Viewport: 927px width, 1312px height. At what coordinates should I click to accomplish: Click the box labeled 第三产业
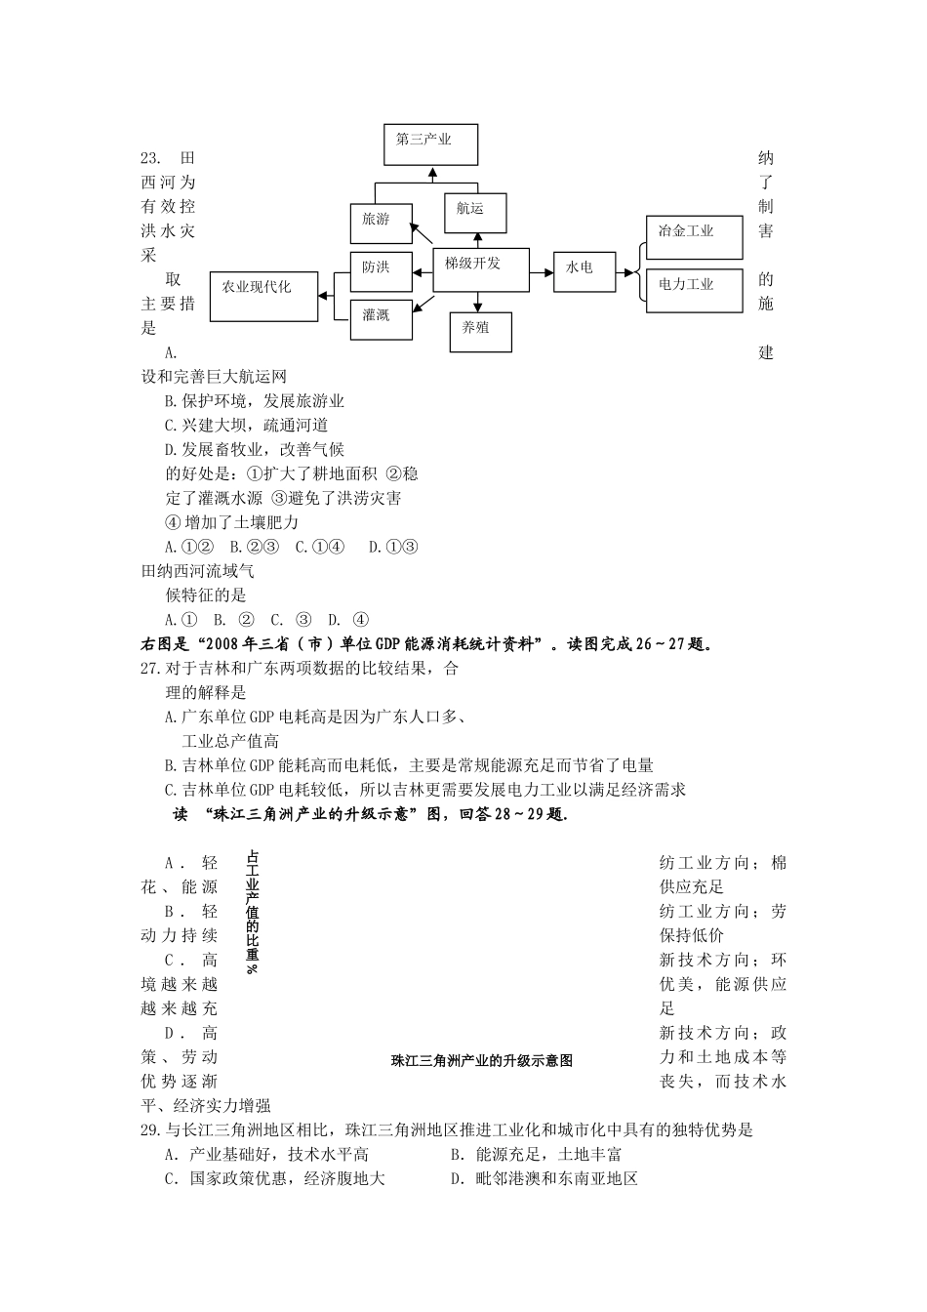coord(430,144)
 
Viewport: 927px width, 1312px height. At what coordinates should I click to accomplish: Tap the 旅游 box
coord(381,222)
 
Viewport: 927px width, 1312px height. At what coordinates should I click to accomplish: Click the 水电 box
coord(584,270)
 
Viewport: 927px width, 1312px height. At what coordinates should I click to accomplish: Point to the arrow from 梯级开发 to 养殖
coord(478,302)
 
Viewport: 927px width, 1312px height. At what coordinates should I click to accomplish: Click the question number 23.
coord(150,158)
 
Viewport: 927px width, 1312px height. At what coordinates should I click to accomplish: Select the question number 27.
coord(150,669)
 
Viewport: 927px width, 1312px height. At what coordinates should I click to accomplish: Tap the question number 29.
coord(150,1130)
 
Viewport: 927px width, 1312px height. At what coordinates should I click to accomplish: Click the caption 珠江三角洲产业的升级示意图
coord(481,1060)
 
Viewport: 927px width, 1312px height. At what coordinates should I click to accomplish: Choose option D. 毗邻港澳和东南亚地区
coord(544,1179)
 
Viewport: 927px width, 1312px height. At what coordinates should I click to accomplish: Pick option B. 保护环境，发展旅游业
coord(255,401)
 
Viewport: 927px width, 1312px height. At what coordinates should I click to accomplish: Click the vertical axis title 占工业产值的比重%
coord(252,912)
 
